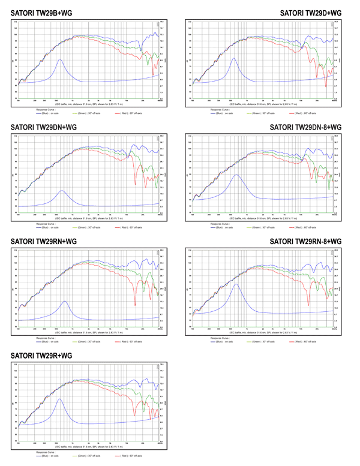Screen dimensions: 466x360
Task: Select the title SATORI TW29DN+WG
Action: coord(44,127)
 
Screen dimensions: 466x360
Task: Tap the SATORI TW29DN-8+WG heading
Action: coord(305,127)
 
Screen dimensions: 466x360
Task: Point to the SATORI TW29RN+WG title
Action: coord(44,242)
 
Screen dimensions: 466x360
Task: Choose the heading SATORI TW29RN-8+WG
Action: coord(305,242)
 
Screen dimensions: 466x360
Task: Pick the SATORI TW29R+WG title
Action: coord(41,356)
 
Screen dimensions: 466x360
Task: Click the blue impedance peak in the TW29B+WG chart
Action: coord(59,59)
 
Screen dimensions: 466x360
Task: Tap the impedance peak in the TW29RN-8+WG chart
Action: coord(237,284)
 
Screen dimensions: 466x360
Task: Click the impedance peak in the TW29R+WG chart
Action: coord(59,399)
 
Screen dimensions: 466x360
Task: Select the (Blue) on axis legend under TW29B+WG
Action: coord(48,113)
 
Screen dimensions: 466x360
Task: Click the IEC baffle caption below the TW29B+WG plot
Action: coord(89,104)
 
